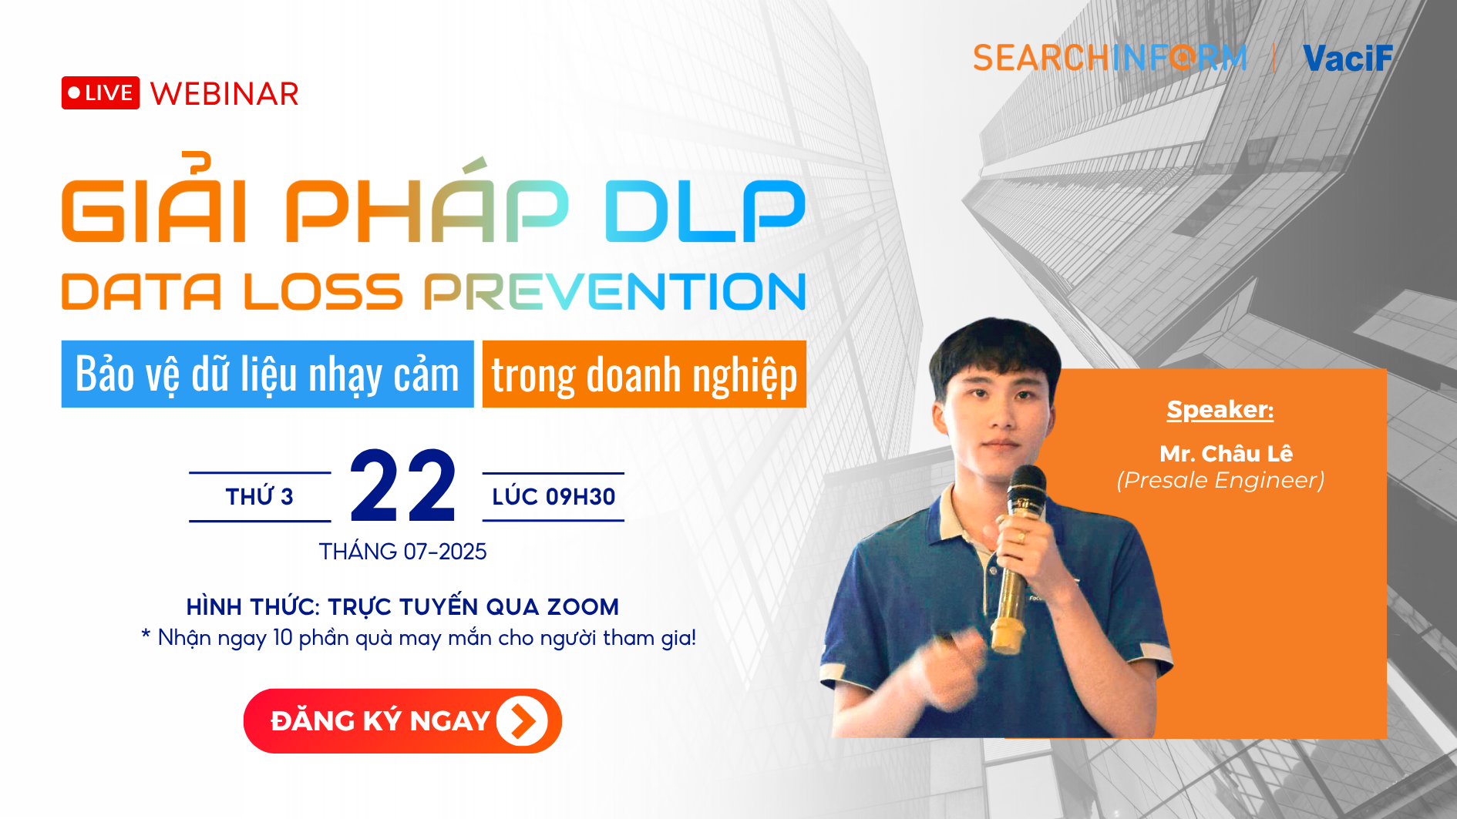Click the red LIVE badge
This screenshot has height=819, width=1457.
100,93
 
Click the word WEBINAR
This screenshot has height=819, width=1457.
224,94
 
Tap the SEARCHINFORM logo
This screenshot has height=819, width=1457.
1109,58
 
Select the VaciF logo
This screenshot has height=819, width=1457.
1348,59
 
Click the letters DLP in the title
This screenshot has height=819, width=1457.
705,210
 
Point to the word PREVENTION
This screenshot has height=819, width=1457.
614,291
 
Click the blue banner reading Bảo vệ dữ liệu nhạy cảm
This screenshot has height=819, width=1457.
268,374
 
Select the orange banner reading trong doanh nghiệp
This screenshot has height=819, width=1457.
644,374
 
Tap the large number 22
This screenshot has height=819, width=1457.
403,486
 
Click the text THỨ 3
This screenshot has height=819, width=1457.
260,497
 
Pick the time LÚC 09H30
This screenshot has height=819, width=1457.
554,497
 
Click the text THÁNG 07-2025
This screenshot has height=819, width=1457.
403,552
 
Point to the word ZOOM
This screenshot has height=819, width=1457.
583,607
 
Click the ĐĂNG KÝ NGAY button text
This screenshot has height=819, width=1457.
380,721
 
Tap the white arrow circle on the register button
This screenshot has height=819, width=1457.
522,721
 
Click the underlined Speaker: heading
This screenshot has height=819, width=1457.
1220,410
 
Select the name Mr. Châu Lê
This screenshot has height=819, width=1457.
1226,454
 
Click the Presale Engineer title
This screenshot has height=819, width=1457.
1221,480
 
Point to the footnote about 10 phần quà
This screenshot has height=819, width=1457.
419,638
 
